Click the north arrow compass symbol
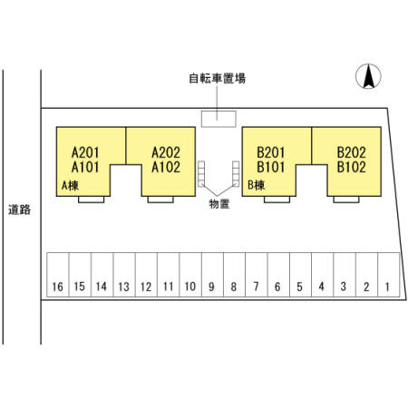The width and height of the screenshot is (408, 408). pyautogui.click(x=368, y=76)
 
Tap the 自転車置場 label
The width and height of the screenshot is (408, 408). pyautogui.click(x=217, y=78)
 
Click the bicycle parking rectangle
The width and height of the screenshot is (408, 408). pyautogui.click(x=219, y=119)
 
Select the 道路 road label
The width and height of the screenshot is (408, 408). pyautogui.click(x=20, y=209)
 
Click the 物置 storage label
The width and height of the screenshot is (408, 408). pyautogui.click(x=219, y=204)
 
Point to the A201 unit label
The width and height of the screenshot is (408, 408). pyautogui.click(x=85, y=152)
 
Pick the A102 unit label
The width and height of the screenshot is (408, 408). pyautogui.click(x=166, y=167)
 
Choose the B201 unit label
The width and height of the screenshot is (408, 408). pyautogui.click(x=271, y=152)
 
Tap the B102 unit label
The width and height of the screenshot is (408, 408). pyautogui.click(x=352, y=167)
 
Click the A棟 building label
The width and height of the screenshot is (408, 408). pyautogui.click(x=70, y=186)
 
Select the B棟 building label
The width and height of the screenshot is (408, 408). pyautogui.click(x=256, y=185)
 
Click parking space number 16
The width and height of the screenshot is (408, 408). pyautogui.click(x=58, y=275)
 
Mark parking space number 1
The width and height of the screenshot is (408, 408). pyautogui.click(x=389, y=275)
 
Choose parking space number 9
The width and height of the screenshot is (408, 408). pyautogui.click(x=212, y=275)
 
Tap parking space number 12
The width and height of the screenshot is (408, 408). pyautogui.click(x=146, y=275)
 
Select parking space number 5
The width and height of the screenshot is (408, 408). pyautogui.click(x=300, y=275)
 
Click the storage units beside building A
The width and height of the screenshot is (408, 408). pyautogui.click(x=201, y=173)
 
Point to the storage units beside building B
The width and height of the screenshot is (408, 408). pyautogui.click(x=236, y=173)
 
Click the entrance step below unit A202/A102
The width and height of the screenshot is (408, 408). pyautogui.click(x=160, y=199)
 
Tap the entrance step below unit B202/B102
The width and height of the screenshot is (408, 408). pyautogui.click(x=346, y=199)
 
